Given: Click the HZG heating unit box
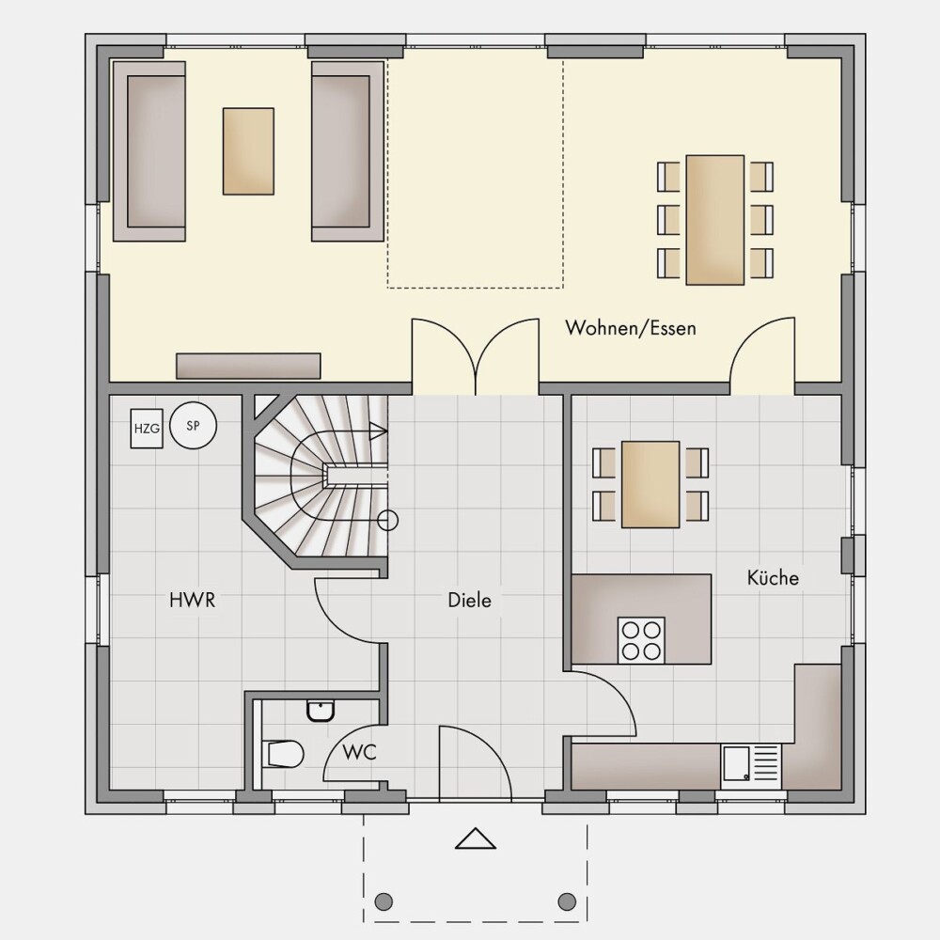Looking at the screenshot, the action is [147, 428].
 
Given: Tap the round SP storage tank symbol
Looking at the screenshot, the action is [193, 426].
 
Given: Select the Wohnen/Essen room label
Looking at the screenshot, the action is [631, 328].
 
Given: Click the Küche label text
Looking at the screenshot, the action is [773, 577].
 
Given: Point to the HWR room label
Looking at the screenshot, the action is [192, 600].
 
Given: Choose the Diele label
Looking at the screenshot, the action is [469, 600].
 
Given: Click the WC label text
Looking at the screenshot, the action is [359, 752].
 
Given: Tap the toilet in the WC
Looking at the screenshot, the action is [283, 754].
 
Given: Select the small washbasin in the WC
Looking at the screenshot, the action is [321, 711].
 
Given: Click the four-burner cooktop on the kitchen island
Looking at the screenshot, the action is [641, 640].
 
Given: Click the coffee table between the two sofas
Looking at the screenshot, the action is [248, 151].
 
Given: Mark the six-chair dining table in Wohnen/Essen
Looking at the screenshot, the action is [715, 220].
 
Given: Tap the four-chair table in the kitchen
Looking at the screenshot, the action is [650, 484].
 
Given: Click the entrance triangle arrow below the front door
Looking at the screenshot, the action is [476, 838].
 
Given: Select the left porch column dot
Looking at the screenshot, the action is [384, 901].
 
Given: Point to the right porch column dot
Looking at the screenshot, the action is [567, 901].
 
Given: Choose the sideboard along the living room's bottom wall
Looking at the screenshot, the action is [248, 366].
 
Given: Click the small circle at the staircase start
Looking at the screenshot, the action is [388, 521].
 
